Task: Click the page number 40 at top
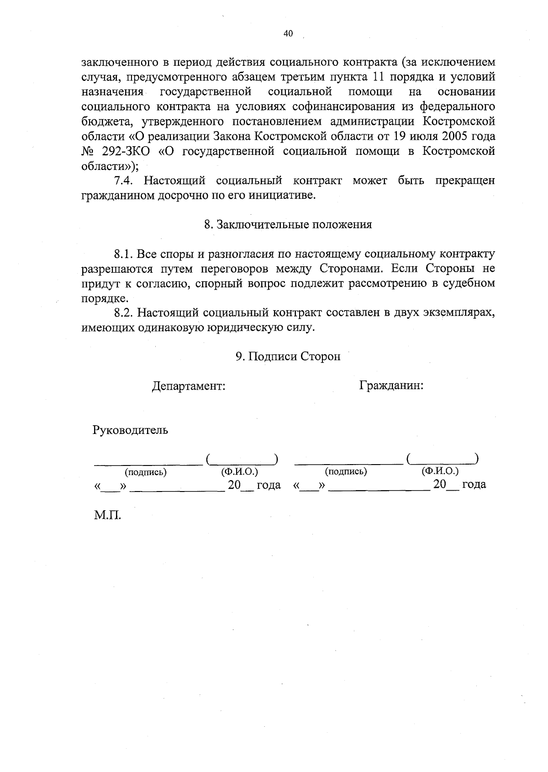(x=288, y=33)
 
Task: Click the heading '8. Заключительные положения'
(x=288, y=225)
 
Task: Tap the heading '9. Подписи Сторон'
(x=288, y=357)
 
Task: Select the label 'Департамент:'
(x=189, y=386)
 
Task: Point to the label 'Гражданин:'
(x=391, y=386)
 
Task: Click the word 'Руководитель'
(x=131, y=430)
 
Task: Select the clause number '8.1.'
(x=123, y=254)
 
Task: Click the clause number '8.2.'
(x=123, y=313)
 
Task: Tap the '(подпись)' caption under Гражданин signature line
(x=346, y=472)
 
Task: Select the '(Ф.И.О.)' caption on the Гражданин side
(x=440, y=471)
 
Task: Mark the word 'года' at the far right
(x=474, y=485)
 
